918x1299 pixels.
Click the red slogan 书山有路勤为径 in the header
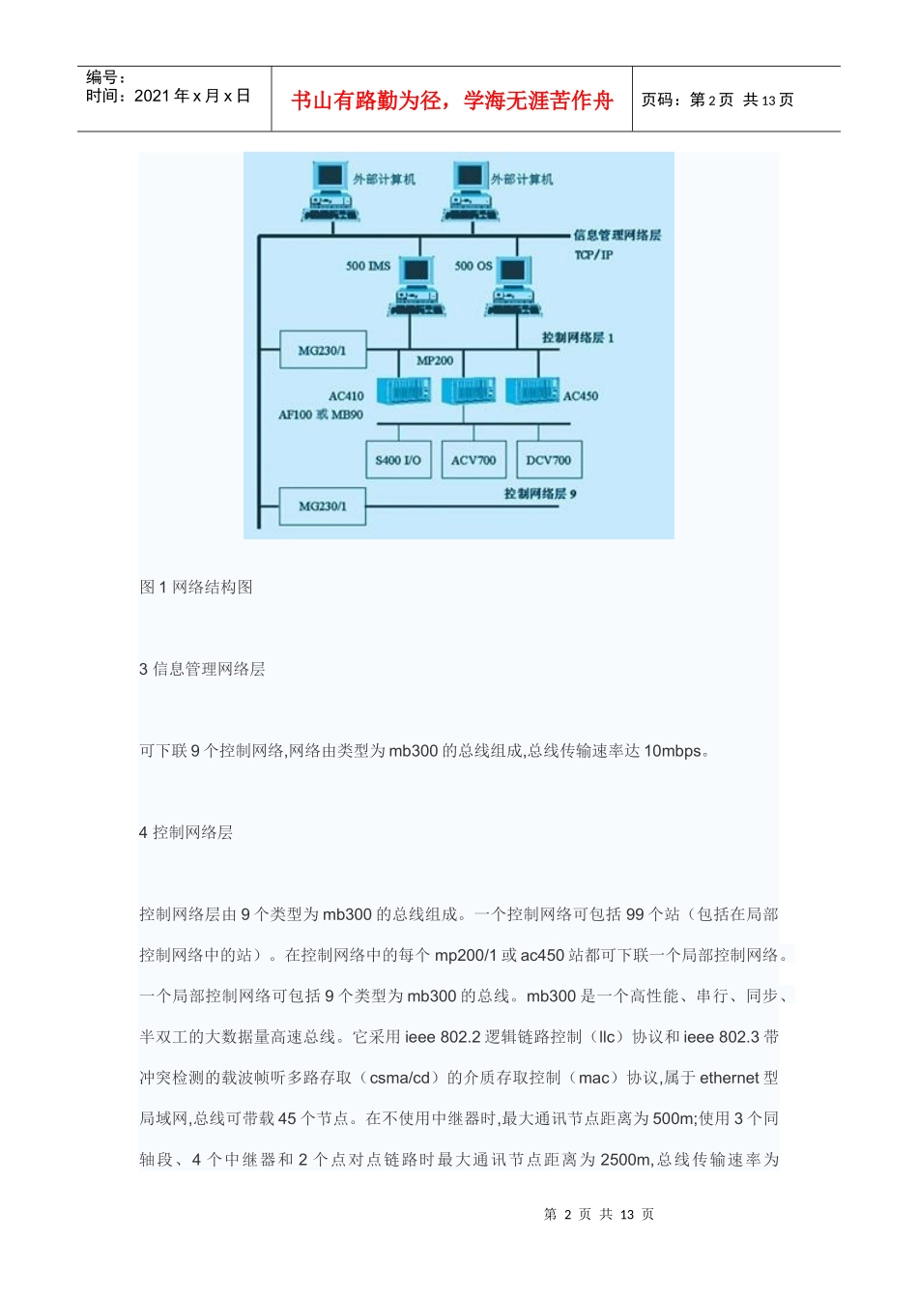[x=452, y=101]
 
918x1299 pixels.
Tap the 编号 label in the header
[x=105, y=77]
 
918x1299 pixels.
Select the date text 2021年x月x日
[x=191, y=96]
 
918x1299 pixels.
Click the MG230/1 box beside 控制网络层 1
[x=322, y=350]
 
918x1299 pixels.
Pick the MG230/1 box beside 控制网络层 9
[x=322, y=505]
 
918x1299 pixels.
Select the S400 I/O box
[x=398, y=460]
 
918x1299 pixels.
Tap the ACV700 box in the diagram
[x=473, y=460]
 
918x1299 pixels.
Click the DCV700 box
[x=548, y=460]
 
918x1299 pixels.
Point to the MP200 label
[x=435, y=361]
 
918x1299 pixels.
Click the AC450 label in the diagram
[x=581, y=396]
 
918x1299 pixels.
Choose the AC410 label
[x=346, y=396]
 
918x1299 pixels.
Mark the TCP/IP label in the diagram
[x=593, y=255]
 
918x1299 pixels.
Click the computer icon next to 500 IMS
[x=416, y=285]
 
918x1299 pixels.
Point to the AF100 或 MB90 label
[x=321, y=415]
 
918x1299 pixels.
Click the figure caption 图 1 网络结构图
[x=196, y=587]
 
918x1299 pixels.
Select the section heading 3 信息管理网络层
[x=202, y=669]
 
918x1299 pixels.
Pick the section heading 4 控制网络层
[x=186, y=832]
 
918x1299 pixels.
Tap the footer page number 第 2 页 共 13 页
[x=599, y=1214]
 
